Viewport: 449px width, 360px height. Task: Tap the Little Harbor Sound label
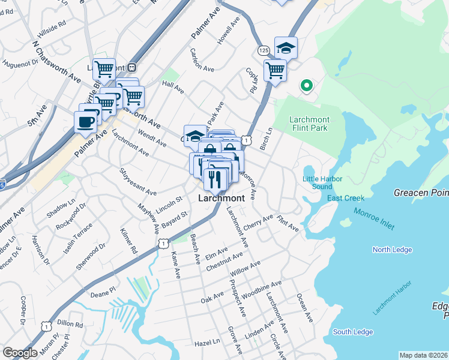click(322, 182)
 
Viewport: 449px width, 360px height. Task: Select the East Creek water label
click(346, 198)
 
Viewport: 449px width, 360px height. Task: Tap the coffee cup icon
click(85, 122)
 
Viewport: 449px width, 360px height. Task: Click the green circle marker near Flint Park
click(306, 86)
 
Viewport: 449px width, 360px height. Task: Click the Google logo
click(20, 353)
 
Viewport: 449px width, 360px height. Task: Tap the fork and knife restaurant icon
click(215, 178)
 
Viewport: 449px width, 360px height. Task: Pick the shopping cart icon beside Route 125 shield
click(274, 70)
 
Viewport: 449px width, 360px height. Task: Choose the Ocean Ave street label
click(304, 308)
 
